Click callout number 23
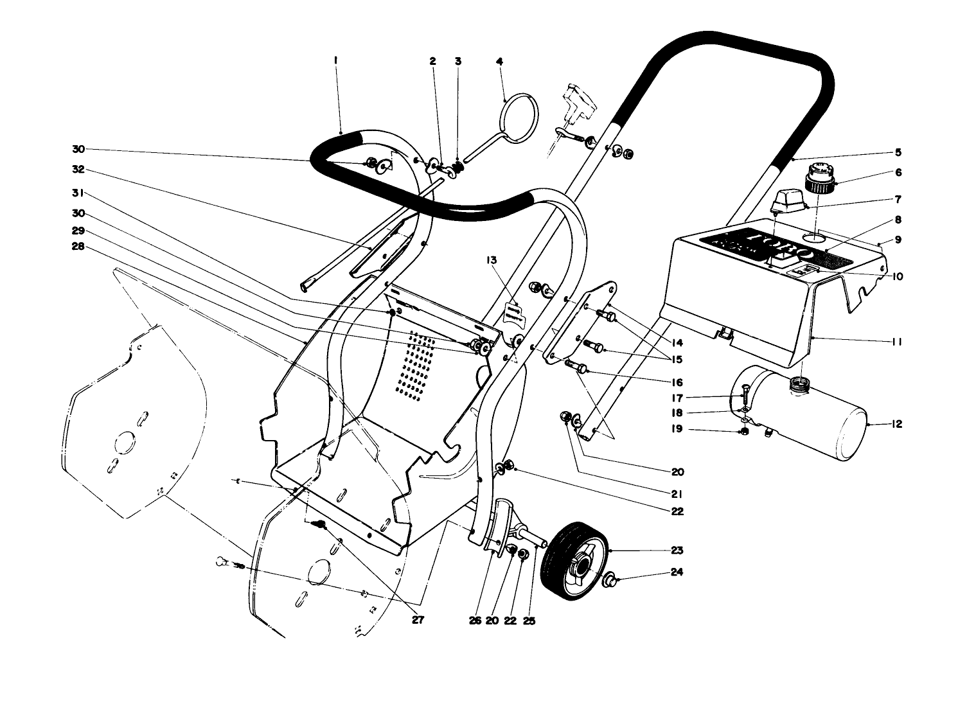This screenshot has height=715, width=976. pos(677,551)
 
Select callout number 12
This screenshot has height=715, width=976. pos(897,425)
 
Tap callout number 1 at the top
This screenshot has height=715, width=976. pos(335,61)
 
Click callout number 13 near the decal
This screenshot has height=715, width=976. pos(492,260)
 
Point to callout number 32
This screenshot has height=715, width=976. pos(78,171)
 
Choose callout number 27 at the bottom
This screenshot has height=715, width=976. pos(418,621)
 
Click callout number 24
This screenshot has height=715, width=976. pos(677,572)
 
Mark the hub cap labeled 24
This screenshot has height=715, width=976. pos(608,581)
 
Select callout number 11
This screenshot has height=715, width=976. pos(897,342)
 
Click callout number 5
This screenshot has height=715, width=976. pos(898,153)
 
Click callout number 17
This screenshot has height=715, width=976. pos(677,398)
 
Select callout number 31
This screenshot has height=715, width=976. pos(78,192)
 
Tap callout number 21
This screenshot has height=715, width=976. pos(677,495)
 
